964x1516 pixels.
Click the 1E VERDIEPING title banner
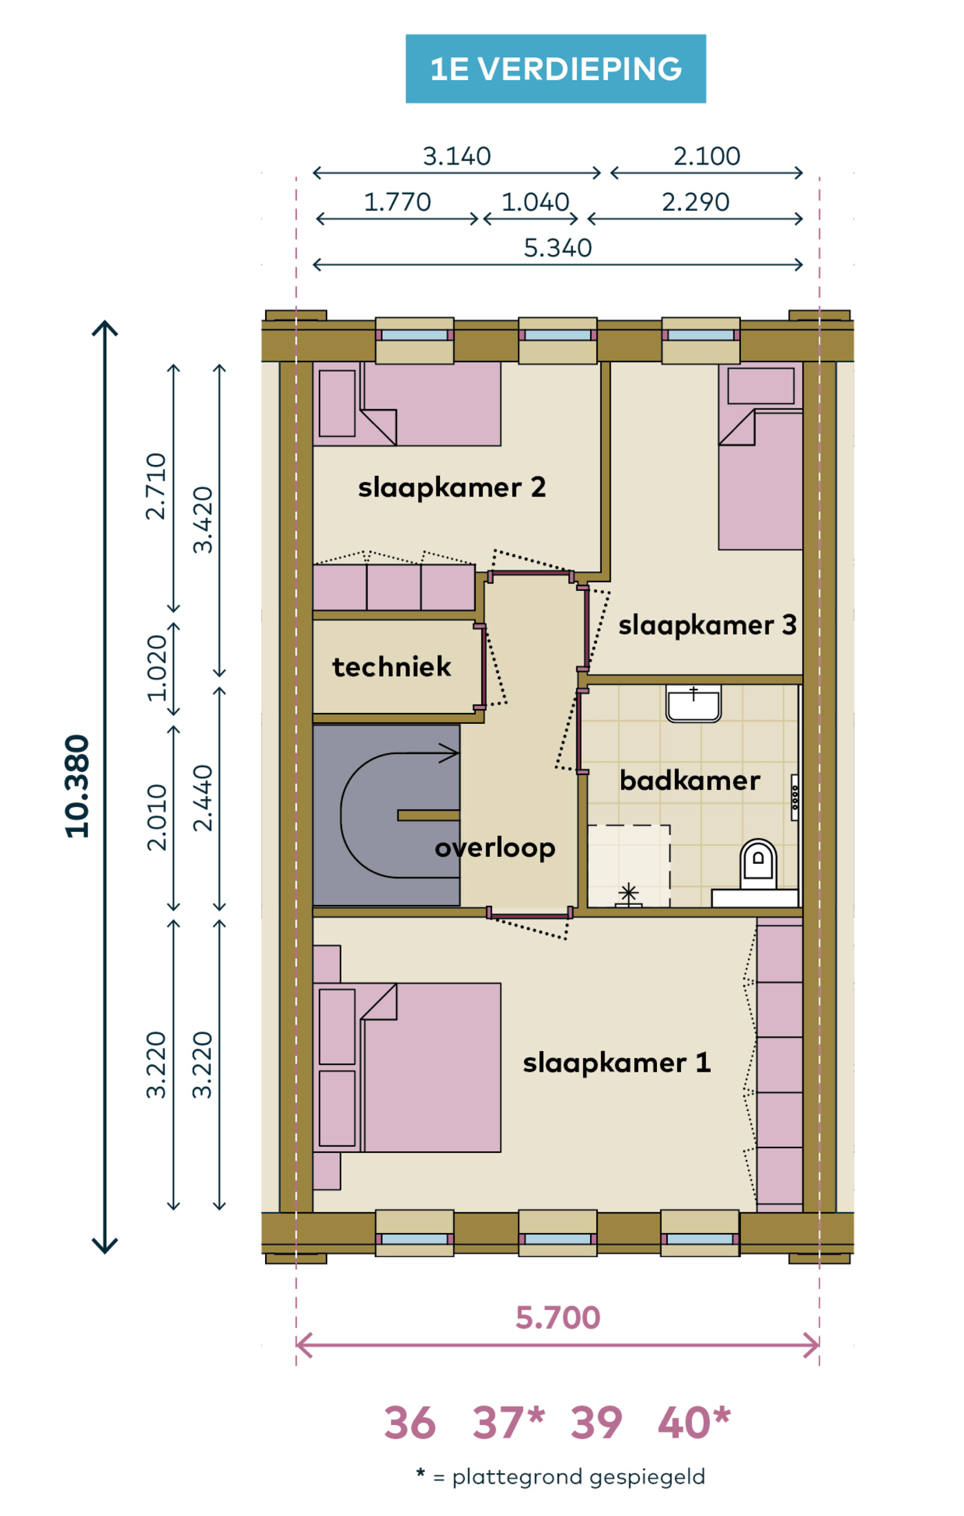(x=556, y=69)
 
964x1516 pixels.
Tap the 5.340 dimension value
(x=558, y=248)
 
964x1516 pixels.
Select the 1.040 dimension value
(x=535, y=203)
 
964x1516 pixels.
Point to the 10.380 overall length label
(x=77, y=787)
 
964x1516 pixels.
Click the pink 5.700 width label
(x=558, y=1318)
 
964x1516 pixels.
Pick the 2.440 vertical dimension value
(x=202, y=798)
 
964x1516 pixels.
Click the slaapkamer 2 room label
(x=452, y=488)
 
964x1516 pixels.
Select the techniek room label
(x=392, y=667)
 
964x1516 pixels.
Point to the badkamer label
(x=690, y=780)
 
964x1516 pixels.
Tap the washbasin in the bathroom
(x=693, y=703)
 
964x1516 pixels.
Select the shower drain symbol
(x=628, y=894)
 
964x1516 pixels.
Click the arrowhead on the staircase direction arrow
(x=450, y=754)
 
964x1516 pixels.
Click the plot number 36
(x=410, y=1423)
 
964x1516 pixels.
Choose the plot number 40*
(x=694, y=1422)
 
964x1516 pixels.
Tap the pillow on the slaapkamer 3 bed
(x=761, y=386)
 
